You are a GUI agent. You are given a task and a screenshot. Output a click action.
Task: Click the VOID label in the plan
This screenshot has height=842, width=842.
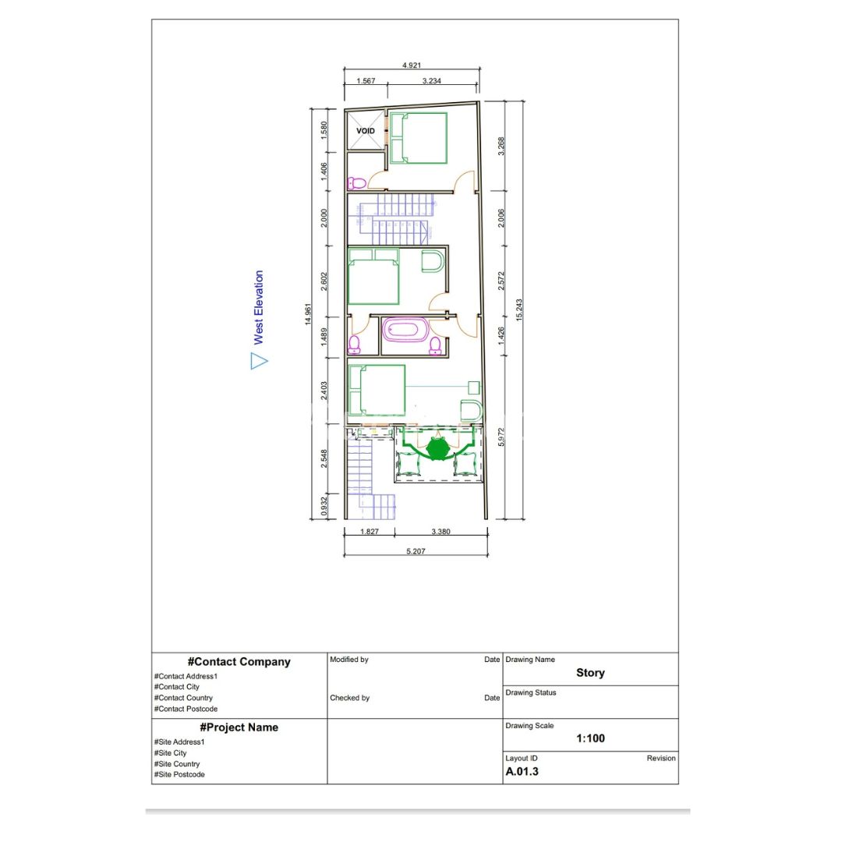point(366,130)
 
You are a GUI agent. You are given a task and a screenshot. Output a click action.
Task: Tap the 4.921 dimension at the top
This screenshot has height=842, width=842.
point(412,65)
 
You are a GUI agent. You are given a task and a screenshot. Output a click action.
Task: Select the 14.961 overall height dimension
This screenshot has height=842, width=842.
point(308,314)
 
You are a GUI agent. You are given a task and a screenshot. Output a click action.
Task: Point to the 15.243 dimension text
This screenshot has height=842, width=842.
point(519,310)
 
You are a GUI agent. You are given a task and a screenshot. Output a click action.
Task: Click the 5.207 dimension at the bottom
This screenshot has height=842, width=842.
point(416,551)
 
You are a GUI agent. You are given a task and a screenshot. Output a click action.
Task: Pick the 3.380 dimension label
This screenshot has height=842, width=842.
point(440,532)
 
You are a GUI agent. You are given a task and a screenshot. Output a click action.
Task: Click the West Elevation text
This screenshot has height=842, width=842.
point(258,307)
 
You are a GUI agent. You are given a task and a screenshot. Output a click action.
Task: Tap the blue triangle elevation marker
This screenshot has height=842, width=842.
point(258,361)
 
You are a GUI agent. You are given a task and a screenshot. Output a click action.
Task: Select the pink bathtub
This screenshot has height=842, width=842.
point(405,330)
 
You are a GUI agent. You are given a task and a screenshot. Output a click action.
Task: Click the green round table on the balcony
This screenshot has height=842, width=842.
point(438,448)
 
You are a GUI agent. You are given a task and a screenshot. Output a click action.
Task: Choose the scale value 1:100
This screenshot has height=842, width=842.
point(591,738)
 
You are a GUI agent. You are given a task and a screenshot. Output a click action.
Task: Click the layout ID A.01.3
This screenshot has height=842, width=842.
point(522,772)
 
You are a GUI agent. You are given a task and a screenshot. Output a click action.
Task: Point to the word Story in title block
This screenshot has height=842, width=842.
point(591,673)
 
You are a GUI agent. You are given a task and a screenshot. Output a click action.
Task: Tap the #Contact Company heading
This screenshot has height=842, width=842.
point(239,662)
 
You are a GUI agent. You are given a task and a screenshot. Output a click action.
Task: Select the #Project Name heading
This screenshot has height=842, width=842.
point(239,727)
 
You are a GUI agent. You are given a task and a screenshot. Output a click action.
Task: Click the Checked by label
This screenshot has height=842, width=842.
point(349,698)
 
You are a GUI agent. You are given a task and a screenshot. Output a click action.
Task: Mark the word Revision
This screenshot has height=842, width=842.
point(661,759)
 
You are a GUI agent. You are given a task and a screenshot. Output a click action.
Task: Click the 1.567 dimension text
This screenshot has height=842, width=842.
point(366,80)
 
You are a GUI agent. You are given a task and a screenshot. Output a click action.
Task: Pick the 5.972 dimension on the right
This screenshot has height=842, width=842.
point(501,437)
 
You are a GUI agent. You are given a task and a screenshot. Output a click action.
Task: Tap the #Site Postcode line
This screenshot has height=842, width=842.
point(179,774)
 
